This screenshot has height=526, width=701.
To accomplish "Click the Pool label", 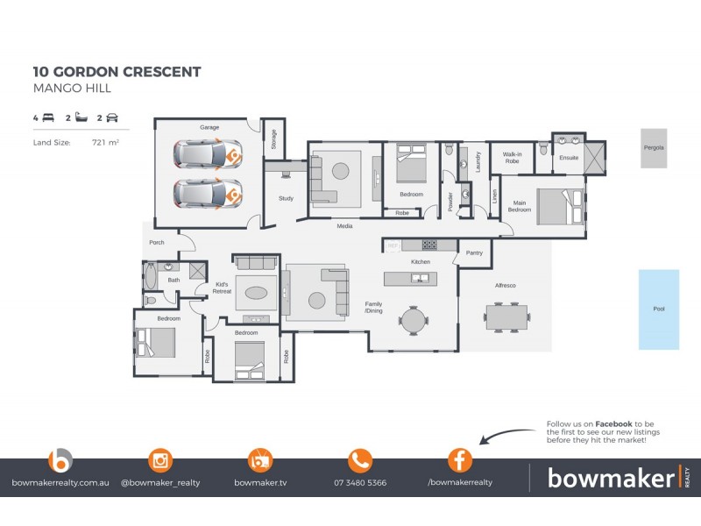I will (x=658, y=309).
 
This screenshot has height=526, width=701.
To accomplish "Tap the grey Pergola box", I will (x=653, y=148).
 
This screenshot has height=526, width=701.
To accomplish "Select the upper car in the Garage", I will (x=208, y=155).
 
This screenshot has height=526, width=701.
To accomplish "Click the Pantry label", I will (x=474, y=252).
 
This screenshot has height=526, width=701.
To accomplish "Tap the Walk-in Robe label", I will (x=513, y=159).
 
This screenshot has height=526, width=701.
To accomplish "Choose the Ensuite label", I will (x=569, y=159).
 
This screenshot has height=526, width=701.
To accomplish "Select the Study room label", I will (x=286, y=199).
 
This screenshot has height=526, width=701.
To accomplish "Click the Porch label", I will (x=157, y=242).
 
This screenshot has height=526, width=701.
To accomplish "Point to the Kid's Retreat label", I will (x=222, y=288).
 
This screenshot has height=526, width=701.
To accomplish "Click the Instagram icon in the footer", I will (x=159, y=459).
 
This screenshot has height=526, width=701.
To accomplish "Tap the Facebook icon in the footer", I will (x=460, y=459).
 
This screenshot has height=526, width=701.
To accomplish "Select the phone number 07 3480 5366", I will (x=360, y=483).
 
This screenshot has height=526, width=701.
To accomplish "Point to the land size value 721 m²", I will (x=105, y=141).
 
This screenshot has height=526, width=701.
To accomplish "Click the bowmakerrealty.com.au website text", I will (x=60, y=483).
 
